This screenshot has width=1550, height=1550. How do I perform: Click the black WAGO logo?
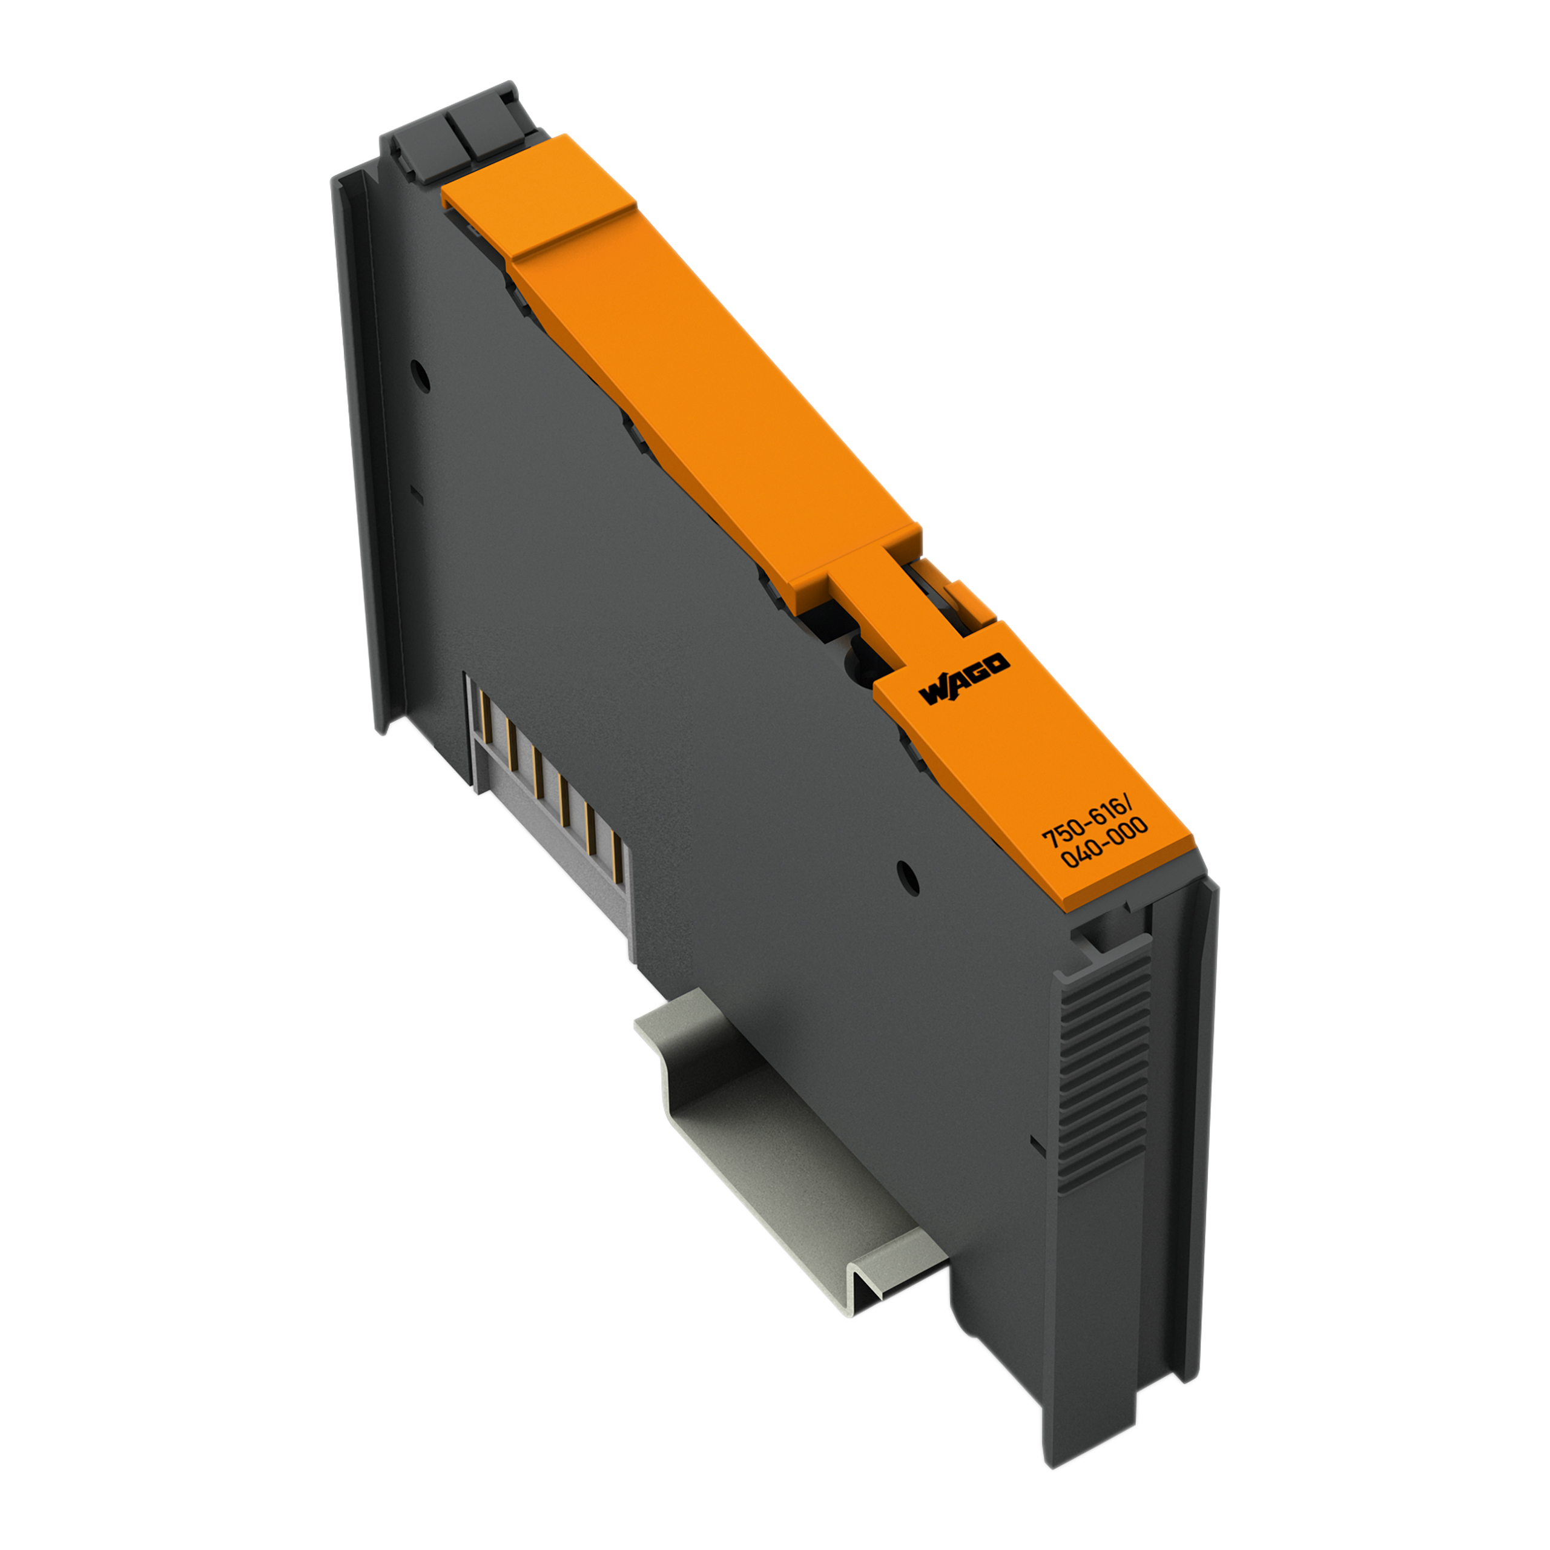965,679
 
